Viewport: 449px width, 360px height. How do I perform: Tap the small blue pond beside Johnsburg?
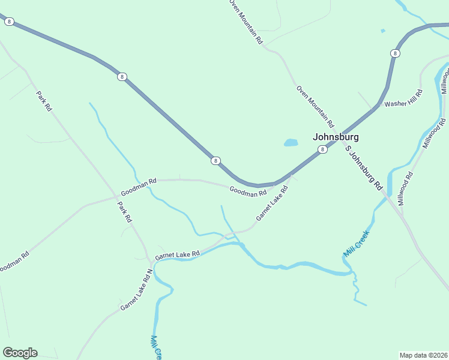291,143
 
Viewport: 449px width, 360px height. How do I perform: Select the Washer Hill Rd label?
403,98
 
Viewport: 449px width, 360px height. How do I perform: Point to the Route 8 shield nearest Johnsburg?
322,149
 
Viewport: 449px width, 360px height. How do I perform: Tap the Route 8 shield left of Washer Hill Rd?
394,53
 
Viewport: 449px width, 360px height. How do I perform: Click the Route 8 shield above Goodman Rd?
215,161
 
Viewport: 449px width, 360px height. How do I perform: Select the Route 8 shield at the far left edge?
8,22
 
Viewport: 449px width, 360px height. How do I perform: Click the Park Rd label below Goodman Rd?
124,212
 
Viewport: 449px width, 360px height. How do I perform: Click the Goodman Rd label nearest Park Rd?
138,187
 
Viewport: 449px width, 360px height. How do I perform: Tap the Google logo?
20,353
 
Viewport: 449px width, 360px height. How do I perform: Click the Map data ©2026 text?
423,355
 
